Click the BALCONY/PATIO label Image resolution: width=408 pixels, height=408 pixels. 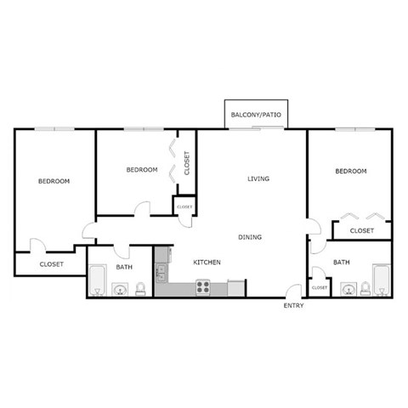coord(254,113)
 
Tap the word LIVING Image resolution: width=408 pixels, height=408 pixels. coord(258,178)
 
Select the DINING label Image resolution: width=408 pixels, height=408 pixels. coord(250,237)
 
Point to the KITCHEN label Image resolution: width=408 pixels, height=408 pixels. coord(207,263)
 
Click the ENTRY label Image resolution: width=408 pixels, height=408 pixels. coord(292,305)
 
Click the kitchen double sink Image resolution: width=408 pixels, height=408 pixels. coord(160,273)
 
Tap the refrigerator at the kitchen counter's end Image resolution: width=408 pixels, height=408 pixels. coord(235,289)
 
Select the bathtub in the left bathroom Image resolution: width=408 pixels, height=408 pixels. coord(96,281)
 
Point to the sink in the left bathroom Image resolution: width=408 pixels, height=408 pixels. coord(120,291)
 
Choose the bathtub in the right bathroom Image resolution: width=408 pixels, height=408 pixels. coord(382,280)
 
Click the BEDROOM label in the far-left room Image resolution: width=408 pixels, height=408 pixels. coord(54,181)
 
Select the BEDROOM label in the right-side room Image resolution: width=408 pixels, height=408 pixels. coord(350,171)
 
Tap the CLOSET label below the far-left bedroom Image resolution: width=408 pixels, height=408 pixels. coord(51,265)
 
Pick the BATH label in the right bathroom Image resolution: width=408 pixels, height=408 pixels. coord(342,263)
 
